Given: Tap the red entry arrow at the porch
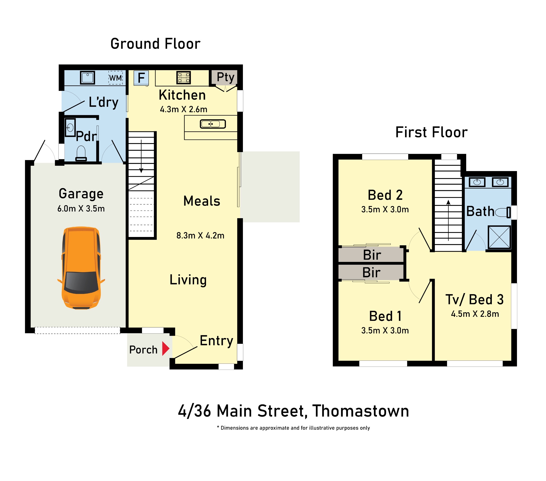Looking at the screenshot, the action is [x=166, y=349].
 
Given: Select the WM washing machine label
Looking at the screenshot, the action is [x=116, y=78].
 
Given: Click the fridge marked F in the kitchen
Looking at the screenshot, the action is [x=141, y=78].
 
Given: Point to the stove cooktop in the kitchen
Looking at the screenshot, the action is [x=184, y=77].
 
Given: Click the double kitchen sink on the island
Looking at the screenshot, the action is [x=213, y=124].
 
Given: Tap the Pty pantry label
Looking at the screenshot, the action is [x=225, y=77].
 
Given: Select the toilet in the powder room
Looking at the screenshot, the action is [x=81, y=153].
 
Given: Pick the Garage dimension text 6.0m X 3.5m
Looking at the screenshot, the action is [x=81, y=208].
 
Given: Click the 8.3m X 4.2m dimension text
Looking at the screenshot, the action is [x=200, y=235].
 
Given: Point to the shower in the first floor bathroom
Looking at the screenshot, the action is [x=499, y=237].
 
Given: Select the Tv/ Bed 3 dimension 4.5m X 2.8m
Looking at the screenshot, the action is [x=475, y=314].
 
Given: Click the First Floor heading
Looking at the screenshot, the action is [x=431, y=132].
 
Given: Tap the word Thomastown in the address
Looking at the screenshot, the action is [x=361, y=411].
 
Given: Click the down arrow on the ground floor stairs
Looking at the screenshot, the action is [x=141, y=156].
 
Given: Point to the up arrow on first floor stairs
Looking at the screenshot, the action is [x=448, y=221].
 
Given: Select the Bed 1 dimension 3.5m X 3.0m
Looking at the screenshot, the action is [x=385, y=331].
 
